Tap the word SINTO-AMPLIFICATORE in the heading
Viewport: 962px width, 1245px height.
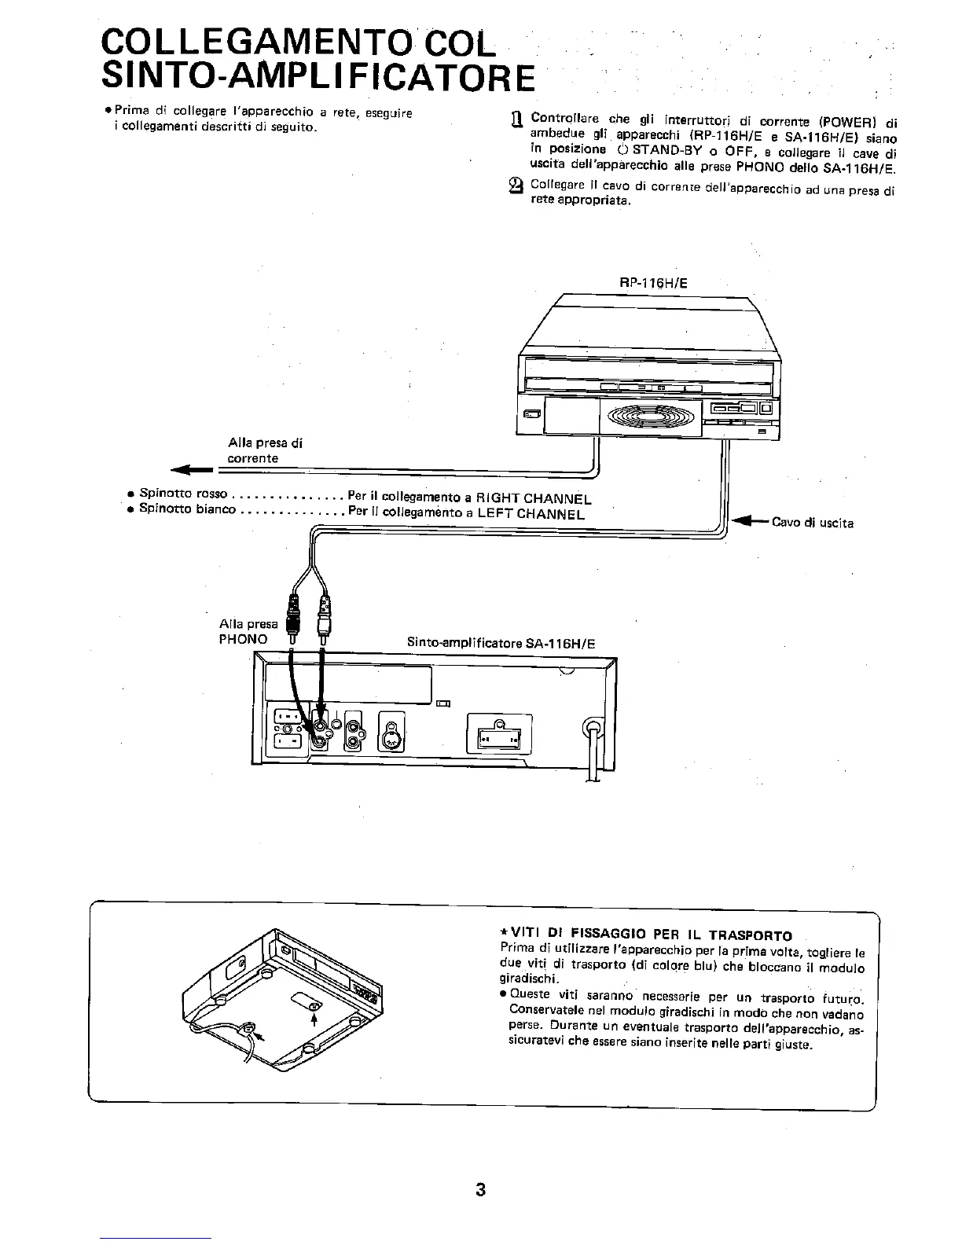click(x=318, y=76)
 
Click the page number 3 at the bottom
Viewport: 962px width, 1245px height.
click(x=480, y=1189)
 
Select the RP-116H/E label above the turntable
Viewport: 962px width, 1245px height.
click(x=653, y=283)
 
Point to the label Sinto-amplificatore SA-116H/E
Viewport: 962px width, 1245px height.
click(x=501, y=644)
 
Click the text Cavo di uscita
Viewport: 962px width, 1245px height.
click(x=812, y=522)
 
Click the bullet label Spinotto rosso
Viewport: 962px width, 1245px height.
click(x=182, y=494)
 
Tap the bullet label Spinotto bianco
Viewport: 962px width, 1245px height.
click(x=187, y=509)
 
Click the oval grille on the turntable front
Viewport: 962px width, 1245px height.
click(x=648, y=413)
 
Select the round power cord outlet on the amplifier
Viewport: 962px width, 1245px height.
click(x=593, y=727)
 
